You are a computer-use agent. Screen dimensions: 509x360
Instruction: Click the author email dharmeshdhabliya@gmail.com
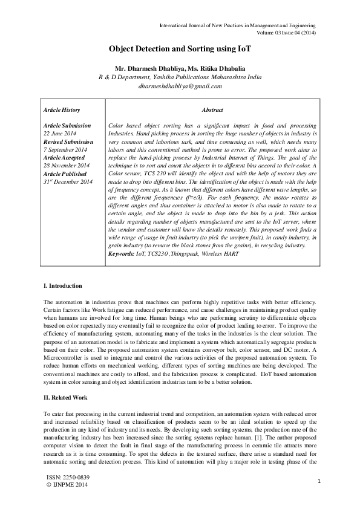point(180,86)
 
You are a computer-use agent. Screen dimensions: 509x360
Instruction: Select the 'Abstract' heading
point(212,110)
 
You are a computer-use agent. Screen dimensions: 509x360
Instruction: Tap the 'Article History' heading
point(62,110)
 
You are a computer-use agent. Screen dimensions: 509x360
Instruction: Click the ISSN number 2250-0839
point(75,478)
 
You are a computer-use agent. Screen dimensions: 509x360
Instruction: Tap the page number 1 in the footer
point(318,481)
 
